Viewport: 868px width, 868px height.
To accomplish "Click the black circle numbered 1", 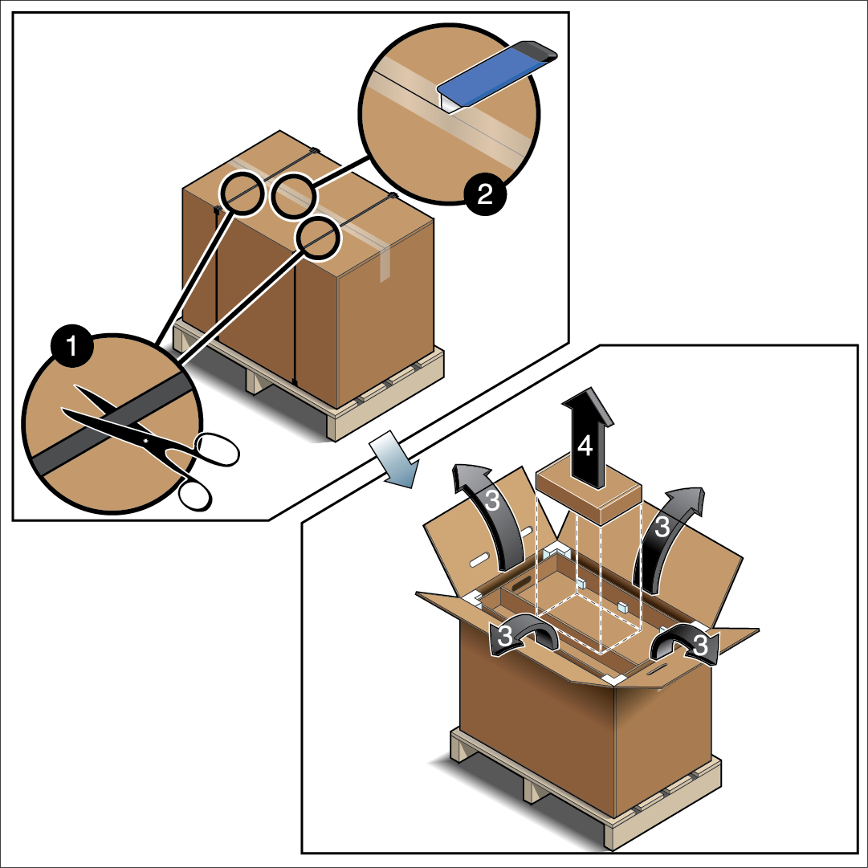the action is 72,347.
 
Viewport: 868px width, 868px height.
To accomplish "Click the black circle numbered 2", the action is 485,194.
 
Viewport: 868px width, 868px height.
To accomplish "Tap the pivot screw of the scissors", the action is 145,440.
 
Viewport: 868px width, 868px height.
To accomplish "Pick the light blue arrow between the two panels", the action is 394,459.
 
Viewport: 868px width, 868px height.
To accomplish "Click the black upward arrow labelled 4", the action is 587,438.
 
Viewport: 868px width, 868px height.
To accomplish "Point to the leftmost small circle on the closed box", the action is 242,194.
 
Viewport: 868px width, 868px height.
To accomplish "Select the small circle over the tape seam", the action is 293,195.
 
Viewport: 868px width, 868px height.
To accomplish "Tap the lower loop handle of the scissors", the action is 195,495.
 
